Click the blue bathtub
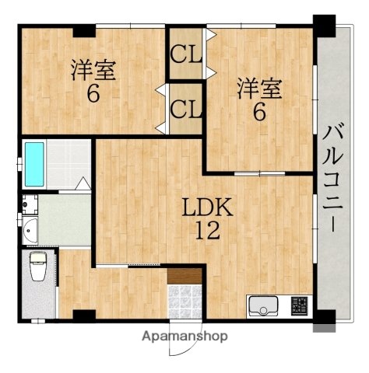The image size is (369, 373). [x=34, y=164]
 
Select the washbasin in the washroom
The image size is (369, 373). [x=30, y=229]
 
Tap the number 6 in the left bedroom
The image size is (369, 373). [x=94, y=92]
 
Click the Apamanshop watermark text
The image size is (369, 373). [x=185, y=337]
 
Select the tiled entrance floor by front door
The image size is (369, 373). [x=185, y=301]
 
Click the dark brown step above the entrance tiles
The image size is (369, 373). [x=185, y=276]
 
